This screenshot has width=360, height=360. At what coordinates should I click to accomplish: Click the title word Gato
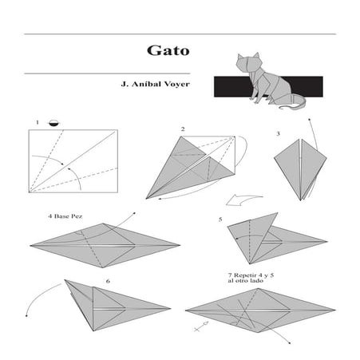tap(167, 49)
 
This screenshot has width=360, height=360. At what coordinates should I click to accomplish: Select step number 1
tap(37, 122)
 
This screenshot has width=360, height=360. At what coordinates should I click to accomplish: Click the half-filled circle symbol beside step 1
tap(53, 122)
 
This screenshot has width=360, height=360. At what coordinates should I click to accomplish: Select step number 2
tap(183, 129)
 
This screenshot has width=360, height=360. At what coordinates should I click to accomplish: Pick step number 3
tap(278, 134)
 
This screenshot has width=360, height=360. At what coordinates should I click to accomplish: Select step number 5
tap(220, 218)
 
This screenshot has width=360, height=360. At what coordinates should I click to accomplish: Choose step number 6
tap(107, 281)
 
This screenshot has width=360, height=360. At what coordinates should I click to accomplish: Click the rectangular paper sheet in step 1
tap(73, 160)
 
